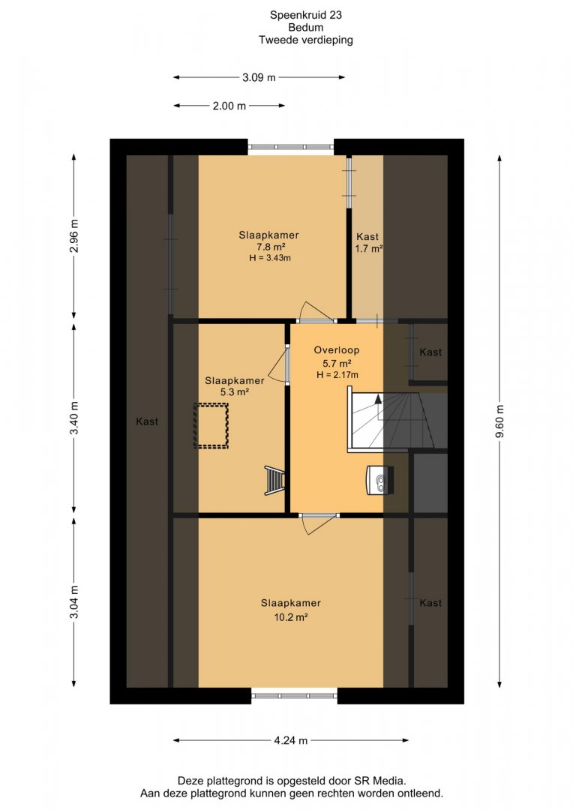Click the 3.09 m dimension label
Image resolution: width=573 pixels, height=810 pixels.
pos(259,77)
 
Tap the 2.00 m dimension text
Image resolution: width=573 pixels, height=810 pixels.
pos(229,106)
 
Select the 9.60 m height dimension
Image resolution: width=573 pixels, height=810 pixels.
pos(499,421)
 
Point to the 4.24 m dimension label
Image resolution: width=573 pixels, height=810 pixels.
pos(291,740)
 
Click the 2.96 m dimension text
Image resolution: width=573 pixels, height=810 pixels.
pos(74,235)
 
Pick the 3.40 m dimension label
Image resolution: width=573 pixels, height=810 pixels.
pos(74,418)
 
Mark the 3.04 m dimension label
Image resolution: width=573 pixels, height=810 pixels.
pos(74,601)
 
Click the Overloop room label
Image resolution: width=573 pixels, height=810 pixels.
pos(336,349)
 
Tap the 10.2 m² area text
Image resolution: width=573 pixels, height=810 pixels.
pos(291,616)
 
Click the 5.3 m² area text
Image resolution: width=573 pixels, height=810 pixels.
pos(235,392)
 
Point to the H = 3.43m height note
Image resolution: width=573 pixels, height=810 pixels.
pos(270,258)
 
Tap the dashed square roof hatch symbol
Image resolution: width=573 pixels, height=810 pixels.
pos(211,426)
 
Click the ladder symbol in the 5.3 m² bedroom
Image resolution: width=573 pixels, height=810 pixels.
pos(274,481)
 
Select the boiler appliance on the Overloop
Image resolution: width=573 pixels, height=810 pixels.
pos(380,480)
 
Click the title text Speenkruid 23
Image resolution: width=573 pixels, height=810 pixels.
pos(306,15)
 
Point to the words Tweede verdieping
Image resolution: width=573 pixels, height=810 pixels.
pos(306,40)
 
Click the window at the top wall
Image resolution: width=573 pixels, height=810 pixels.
pos(291,147)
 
